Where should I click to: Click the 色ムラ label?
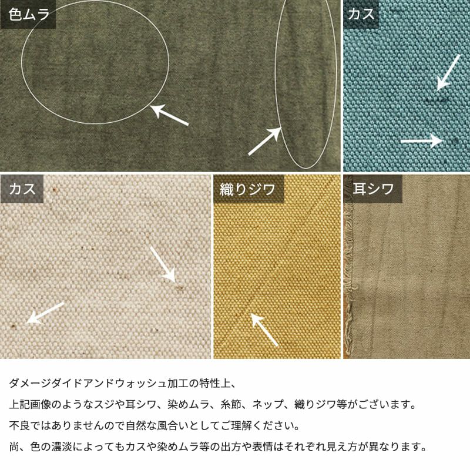click(28, 14)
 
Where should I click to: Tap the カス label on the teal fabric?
click(361, 14)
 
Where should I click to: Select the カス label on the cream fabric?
click(22, 189)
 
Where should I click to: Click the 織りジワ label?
click(247, 189)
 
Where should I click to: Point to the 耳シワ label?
click(373, 189)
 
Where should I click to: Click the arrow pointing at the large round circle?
click(170, 115)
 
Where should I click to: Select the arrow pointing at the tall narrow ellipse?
click(265, 141)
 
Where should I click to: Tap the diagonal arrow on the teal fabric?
click(448, 72)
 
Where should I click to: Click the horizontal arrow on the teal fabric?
click(422, 141)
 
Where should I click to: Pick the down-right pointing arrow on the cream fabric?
click(163, 264)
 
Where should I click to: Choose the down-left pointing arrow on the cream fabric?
click(45, 313)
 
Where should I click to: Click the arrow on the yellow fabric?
click(264, 330)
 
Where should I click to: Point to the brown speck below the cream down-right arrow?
click(180, 288)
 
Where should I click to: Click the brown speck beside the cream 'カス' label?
click(54, 190)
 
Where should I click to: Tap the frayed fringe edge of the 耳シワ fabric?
click(348, 270)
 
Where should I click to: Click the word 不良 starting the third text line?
click(19, 425)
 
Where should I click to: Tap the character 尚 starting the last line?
click(14, 447)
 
